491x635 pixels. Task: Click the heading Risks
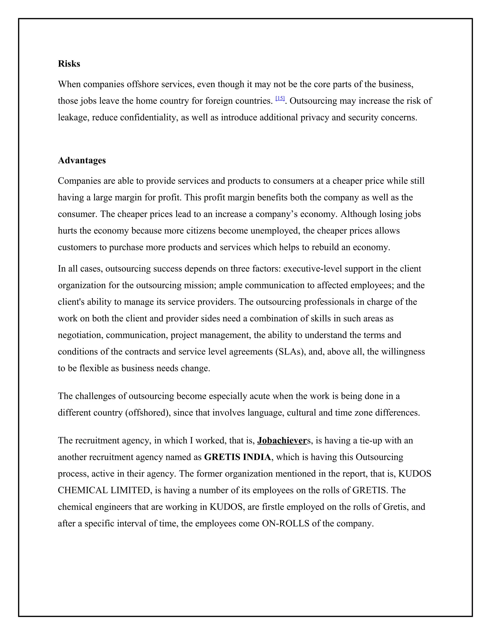pos(69,64)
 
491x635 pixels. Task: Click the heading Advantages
pos(82,160)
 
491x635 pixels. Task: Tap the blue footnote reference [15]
pos(280,98)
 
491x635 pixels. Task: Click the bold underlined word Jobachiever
pos(282,440)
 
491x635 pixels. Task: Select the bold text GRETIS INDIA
pos(237,457)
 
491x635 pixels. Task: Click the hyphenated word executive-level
pos(312,269)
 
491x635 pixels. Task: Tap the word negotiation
pos(80,335)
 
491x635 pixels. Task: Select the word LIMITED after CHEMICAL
pos(129,490)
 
